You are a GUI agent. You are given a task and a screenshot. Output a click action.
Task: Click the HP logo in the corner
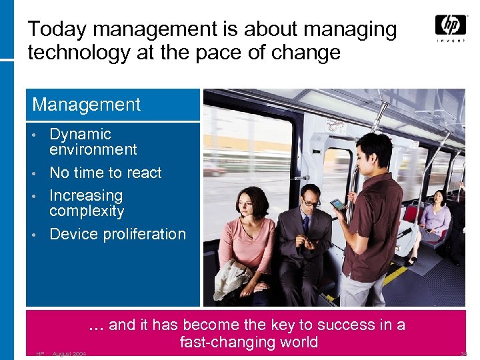tap(450, 25)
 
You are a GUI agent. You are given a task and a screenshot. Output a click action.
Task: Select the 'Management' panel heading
tap(87, 105)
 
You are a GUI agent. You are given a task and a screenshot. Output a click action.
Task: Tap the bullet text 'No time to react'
tap(105, 173)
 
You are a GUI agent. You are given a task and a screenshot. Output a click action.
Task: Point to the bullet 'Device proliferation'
tap(117, 234)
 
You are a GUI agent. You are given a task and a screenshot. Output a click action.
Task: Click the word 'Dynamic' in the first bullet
tap(81, 134)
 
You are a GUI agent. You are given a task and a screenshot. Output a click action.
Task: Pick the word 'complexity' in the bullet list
tap(87, 211)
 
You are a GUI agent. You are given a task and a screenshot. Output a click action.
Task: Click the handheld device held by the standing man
tap(338, 204)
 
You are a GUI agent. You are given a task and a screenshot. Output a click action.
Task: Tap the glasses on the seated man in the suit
tap(311, 201)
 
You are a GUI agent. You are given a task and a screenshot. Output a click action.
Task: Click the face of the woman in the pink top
tap(243, 200)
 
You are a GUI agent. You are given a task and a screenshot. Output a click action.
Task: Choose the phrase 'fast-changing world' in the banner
tap(249, 342)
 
